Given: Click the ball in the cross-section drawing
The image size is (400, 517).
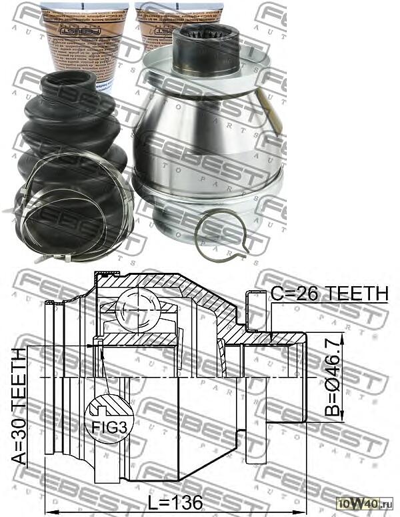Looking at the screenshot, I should click(x=137, y=308).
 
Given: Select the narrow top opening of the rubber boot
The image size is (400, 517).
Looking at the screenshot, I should click(x=69, y=79).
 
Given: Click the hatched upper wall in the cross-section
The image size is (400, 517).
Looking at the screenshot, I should click(x=200, y=294).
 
